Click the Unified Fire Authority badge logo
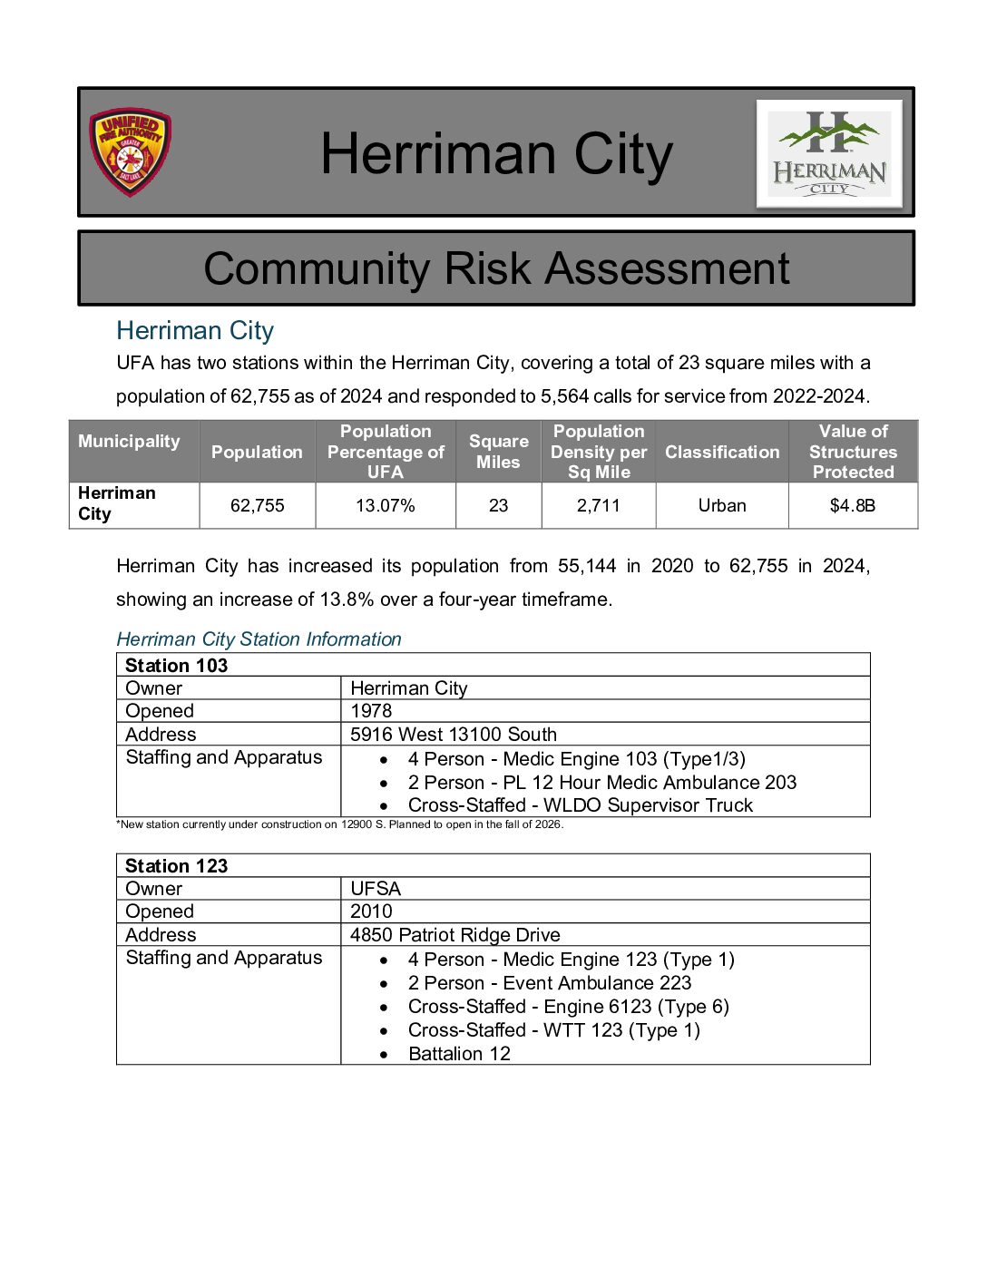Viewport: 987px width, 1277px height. coord(130,152)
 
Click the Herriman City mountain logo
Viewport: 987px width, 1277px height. coord(829,153)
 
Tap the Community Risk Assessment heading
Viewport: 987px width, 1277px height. coord(496,268)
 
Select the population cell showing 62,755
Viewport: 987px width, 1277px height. coord(257,505)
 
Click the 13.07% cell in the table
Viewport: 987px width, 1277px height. coord(386,505)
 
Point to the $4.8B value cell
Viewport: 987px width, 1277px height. coord(853,505)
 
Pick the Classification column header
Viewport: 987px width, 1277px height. coord(722,452)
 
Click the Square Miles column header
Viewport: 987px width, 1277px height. coord(498,452)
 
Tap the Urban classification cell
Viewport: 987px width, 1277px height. coord(722,505)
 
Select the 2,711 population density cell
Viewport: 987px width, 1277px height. coord(599,505)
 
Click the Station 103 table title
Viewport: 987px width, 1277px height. coord(177,665)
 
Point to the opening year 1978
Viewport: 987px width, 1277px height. coord(371,711)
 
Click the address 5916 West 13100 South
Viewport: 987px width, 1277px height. coord(454,735)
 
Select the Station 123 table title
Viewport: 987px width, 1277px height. coord(177,865)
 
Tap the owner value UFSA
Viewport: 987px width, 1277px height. coord(376,889)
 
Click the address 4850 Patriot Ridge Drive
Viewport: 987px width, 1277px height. coord(455,935)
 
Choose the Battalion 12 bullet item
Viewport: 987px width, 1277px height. coord(459,1054)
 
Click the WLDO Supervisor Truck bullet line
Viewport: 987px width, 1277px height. coord(580,805)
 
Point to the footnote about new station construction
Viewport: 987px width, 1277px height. coord(340,824)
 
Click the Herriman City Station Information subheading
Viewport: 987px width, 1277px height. coord(259,639)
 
